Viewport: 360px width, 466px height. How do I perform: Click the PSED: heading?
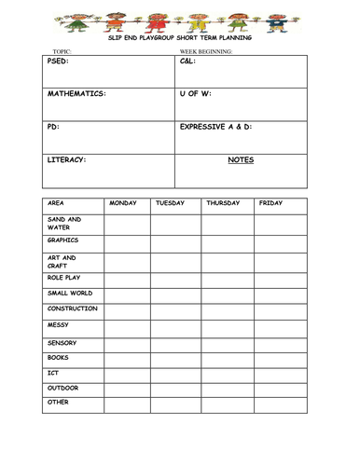[59, 62]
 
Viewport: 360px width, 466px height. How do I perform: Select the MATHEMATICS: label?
[76, 94]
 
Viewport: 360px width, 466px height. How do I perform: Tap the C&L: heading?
[187, 62]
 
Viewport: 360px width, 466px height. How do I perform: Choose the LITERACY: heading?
[66, 159]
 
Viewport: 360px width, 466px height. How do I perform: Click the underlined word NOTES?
[241, 159]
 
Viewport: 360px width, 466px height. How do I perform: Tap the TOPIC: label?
[62, 51]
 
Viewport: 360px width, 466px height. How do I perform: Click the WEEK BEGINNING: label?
[206, 51]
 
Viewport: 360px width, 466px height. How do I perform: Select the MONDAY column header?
[123, 202]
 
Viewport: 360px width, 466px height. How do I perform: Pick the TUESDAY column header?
[170, 202]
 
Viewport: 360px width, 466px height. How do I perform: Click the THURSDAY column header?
[223, 202]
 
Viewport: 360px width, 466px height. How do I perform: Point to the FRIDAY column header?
[270, 202]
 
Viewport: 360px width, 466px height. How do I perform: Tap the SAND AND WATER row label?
[63, 224]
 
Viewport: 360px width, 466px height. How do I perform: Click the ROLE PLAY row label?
[64, 277]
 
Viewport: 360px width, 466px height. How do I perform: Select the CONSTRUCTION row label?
[72, 308]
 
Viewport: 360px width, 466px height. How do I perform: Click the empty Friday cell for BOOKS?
[280, 358]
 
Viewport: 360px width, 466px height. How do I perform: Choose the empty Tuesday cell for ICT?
[175, 374]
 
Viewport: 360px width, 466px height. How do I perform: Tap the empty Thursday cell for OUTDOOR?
[228, 389]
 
